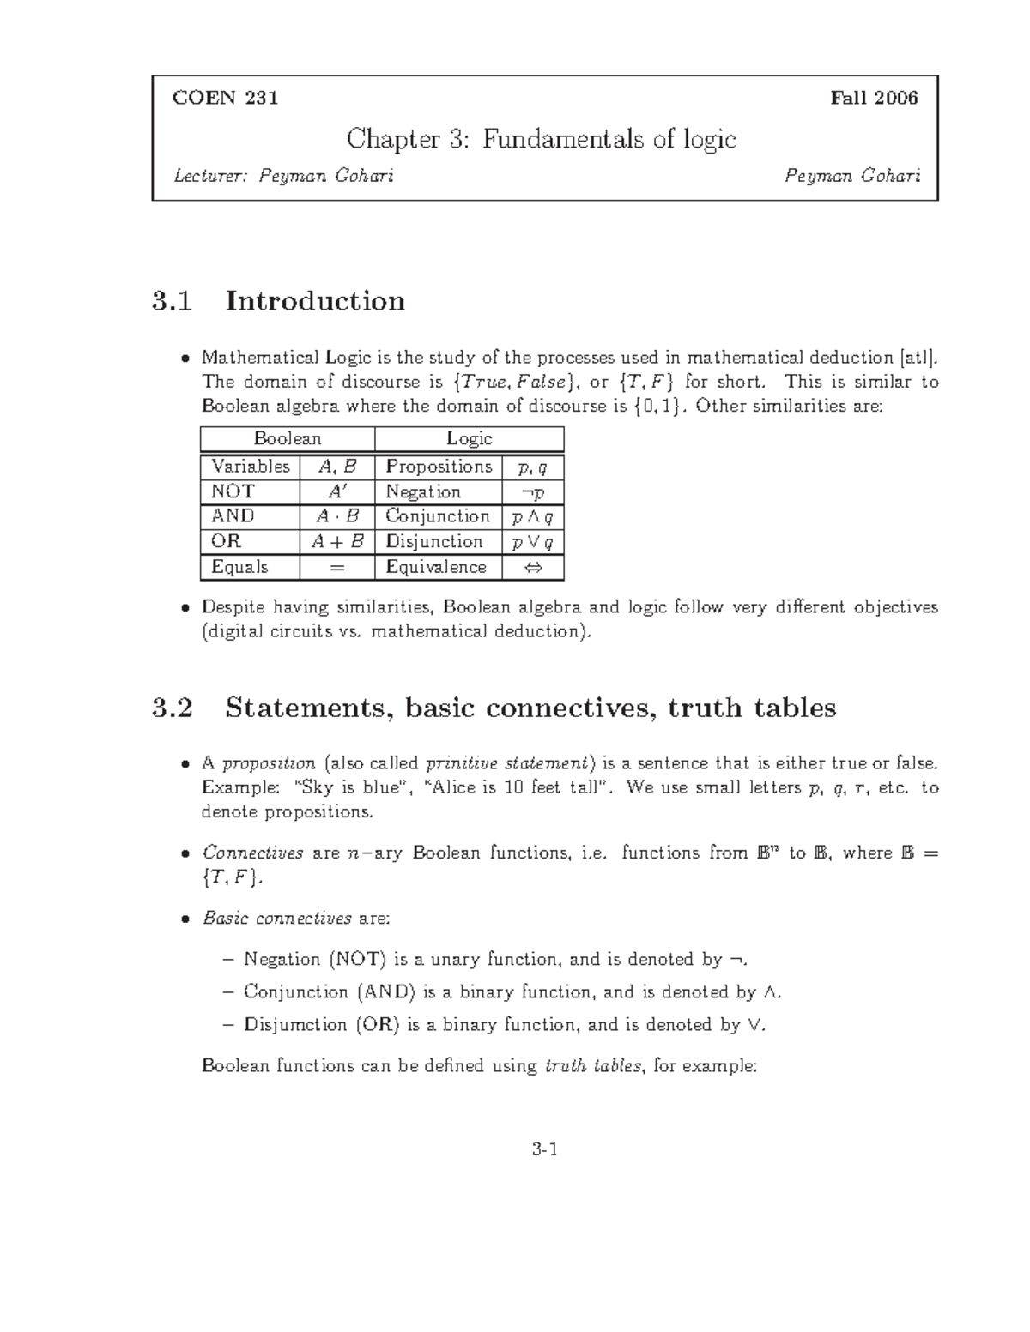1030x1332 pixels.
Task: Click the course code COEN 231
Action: [x=225, y=98]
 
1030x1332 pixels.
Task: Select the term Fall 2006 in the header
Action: [x=874, y=98]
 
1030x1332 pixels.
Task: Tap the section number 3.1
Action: [x=172, y=302]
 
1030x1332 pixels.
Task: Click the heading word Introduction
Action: [x=315, y=302]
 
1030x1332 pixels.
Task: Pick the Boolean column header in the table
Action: [x=288, y=439]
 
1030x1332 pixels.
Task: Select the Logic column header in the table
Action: [x=470, y=439]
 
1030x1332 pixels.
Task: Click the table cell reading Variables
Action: [x=251, y=467]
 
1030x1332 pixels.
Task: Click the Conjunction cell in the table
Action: [x=438, y=516]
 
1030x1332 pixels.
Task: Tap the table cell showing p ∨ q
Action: [x=532, y=542]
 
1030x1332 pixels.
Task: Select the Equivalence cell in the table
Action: [x=436, y=567]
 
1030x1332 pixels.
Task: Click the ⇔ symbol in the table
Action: [x=532, y=567]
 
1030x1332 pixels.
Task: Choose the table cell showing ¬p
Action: [x=532, y=492]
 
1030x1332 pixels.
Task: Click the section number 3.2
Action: [x=172, y=708]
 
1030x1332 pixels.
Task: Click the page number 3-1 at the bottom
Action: [x=545, y=1150]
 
